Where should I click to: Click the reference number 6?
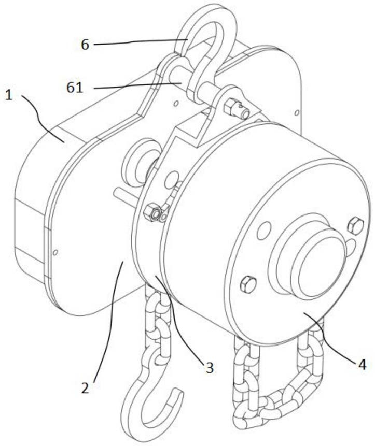85,45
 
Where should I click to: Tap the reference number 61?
75,88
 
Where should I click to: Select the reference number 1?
9,95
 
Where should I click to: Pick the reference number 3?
210,368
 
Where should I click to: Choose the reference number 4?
362,364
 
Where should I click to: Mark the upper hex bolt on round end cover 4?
356,226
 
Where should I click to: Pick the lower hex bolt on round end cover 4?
248,284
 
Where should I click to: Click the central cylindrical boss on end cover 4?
310,256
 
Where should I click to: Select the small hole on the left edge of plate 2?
56,252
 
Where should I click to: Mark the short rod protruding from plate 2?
126,196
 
